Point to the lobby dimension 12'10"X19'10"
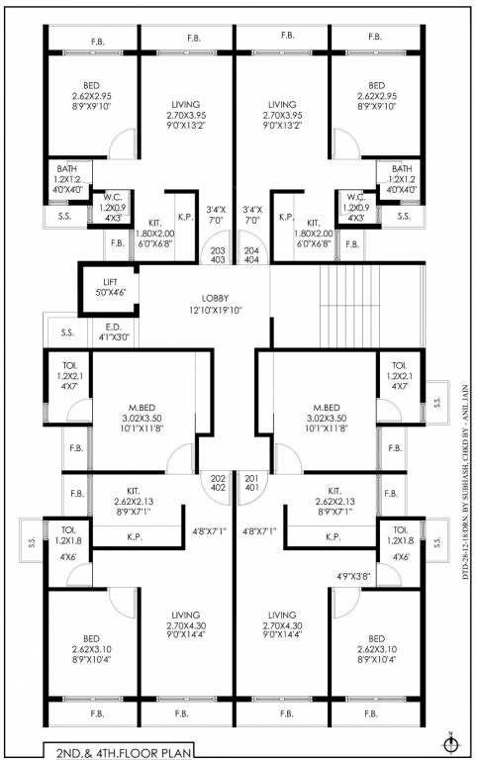click(215, 310)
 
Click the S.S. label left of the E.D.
click(67, 332)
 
